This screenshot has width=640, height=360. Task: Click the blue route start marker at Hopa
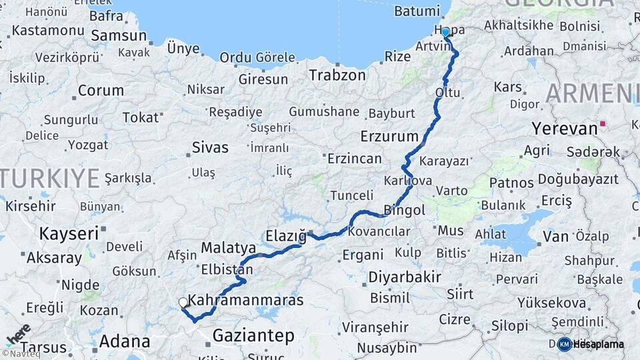(445, 32)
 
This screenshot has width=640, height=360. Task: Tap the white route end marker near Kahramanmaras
(183, 303)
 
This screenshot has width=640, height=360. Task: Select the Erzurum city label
(388, 136)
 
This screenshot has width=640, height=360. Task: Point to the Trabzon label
(337, 75)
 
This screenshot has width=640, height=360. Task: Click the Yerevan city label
(564, 128)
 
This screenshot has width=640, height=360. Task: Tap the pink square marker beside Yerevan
(603, 123)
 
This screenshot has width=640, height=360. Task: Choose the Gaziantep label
(253, 336)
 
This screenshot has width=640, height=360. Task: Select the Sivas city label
(210, 147)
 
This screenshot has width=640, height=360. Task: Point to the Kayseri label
(69, 233)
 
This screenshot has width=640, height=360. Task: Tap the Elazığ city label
(286, 236)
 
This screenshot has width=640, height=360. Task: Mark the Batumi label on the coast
(417, 11)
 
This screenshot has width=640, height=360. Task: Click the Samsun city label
(118, 35)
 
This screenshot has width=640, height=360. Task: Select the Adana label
(124, 342)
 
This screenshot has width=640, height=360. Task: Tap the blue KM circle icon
(565, 344)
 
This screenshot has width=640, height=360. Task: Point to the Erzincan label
(355, 159)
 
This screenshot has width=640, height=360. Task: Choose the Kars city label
(508, 87)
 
